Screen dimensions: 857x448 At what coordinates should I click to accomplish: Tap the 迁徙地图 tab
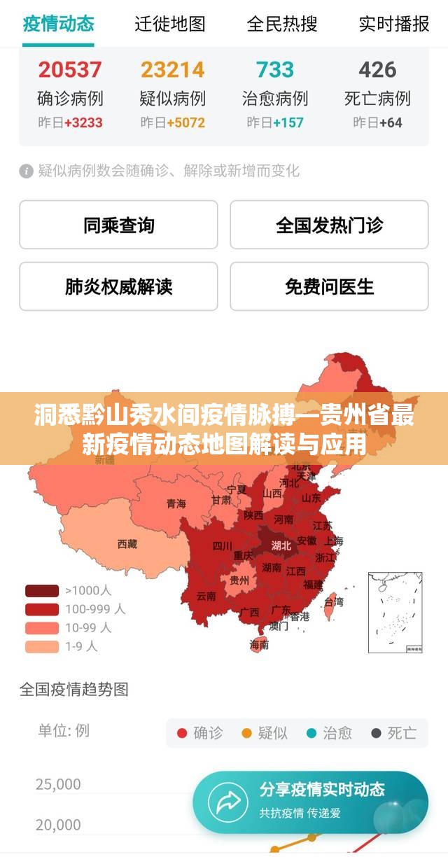170,24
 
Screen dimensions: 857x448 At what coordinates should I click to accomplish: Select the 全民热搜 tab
281,24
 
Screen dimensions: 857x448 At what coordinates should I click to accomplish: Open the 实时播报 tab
393,24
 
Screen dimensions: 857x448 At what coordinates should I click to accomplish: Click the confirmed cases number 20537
69,69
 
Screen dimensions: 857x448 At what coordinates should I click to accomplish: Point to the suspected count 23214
172,69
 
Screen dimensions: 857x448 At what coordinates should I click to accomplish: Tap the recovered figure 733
274,69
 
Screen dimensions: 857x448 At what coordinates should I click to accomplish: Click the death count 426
377,69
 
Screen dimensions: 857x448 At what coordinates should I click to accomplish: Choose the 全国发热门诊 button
329,225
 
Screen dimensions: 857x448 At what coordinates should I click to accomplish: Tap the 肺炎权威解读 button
118,286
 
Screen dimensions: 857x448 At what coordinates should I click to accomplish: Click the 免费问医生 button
329,286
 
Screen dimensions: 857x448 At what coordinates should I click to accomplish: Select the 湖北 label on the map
281,545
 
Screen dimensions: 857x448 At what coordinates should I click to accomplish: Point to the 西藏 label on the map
127,543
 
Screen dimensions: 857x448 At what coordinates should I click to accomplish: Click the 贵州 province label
239,580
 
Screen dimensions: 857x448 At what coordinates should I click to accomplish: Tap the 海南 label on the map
259,645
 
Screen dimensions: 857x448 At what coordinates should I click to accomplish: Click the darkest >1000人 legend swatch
42,590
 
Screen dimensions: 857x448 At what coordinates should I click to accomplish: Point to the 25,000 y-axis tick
58,784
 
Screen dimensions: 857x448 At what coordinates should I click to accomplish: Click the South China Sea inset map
395,612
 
